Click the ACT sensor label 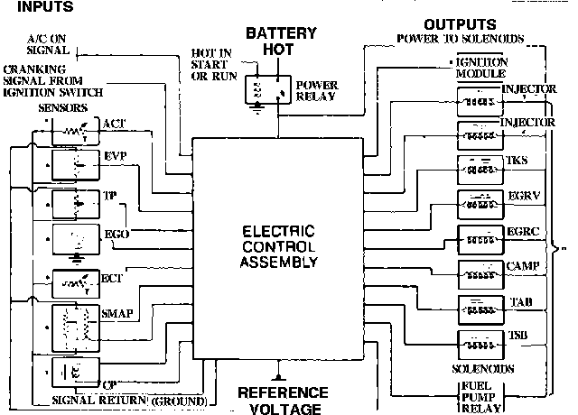click(114, 124)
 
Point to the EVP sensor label click(114, 155)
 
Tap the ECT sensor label click(114, 279)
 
